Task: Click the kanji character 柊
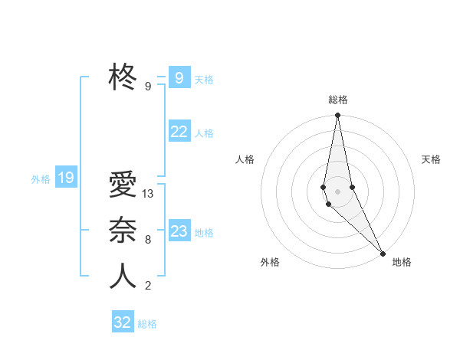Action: tap(123, 77)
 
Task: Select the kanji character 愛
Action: tap(123, 185)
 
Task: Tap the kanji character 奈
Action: tap(123, 231)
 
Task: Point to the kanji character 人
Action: tap(123, 277)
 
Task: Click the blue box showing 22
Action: tap(179, 132)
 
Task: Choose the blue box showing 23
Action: tap(179, 231)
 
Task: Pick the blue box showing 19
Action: tap(66, 178)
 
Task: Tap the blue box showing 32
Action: tap(123, 322)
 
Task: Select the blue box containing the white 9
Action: tap(179, 78)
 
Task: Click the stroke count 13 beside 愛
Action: tap(149, 194)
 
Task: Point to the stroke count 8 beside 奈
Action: tap(148, 240)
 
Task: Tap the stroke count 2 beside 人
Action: tap(148, 286)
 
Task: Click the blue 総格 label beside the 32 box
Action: tap(147, 324)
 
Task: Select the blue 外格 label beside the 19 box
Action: tap(41, 179)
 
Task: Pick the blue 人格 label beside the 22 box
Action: tap(204, 133)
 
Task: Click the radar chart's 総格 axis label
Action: tap(338, 100)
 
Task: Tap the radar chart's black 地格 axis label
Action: tap(402, 262)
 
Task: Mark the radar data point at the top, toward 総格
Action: tap(337, 116)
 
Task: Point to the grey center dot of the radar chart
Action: tap(337, 191)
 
